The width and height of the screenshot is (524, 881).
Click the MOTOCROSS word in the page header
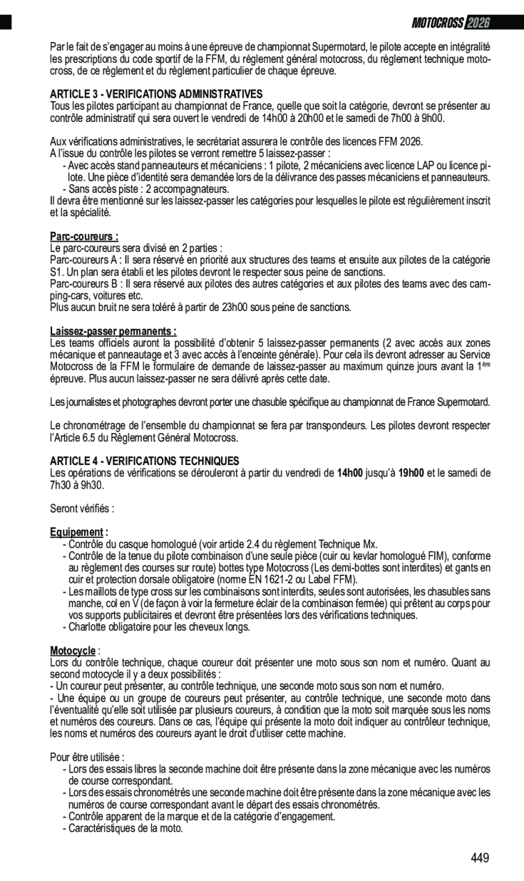tap(438, 23)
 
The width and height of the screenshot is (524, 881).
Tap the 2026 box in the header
tap(478, 23)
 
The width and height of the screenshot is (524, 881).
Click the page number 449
tap(480, 858)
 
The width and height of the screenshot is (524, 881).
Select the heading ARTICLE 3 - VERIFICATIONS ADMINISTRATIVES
tap(156, 94)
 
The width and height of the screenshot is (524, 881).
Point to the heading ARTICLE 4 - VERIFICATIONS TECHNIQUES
tap(144, 461)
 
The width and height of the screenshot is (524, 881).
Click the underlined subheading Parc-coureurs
tap(84, 237)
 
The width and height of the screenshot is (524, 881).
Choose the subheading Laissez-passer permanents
tap(113, 331)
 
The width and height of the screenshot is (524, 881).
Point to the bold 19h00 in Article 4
tap(411, 472)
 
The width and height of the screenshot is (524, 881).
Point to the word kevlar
tap(373, 556)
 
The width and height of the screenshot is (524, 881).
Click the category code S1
tap(56, 272)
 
